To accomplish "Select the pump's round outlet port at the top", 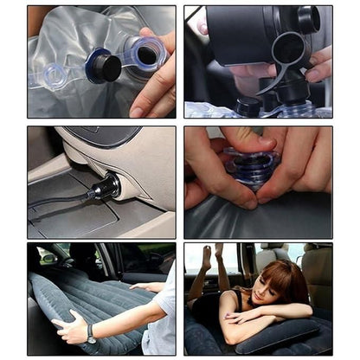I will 307,19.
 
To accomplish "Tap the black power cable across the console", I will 61,203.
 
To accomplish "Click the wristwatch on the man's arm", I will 91,332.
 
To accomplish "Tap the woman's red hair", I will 279,275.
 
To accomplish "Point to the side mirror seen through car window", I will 48,257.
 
